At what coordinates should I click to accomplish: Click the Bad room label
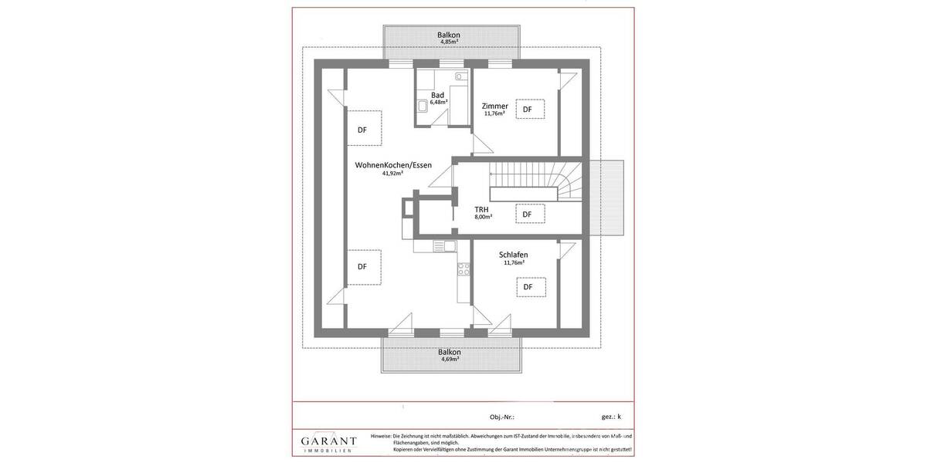(438, 95)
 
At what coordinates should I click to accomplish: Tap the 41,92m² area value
(392, 174)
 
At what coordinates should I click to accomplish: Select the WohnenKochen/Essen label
(393, 165)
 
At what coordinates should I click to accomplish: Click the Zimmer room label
(494, 106)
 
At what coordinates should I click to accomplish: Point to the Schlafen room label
(514, 254)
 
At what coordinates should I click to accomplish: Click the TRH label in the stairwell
(481, 209)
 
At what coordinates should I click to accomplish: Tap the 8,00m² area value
(483, 217)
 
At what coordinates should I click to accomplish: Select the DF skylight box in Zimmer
(529, 110)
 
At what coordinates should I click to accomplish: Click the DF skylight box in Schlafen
(530, 287)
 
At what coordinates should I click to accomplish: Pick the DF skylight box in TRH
(529, 214)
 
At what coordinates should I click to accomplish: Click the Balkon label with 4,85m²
(449, 35)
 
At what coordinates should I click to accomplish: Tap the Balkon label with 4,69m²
(450, 352)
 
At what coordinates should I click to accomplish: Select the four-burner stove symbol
(463, 269)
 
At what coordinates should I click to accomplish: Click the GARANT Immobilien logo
(329, 443)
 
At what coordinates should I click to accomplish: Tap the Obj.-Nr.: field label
(501, 417)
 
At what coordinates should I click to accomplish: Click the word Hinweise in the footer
(381, 436)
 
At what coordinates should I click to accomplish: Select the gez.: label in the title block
(608, 417)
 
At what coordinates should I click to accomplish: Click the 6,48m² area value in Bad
(438, 102)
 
